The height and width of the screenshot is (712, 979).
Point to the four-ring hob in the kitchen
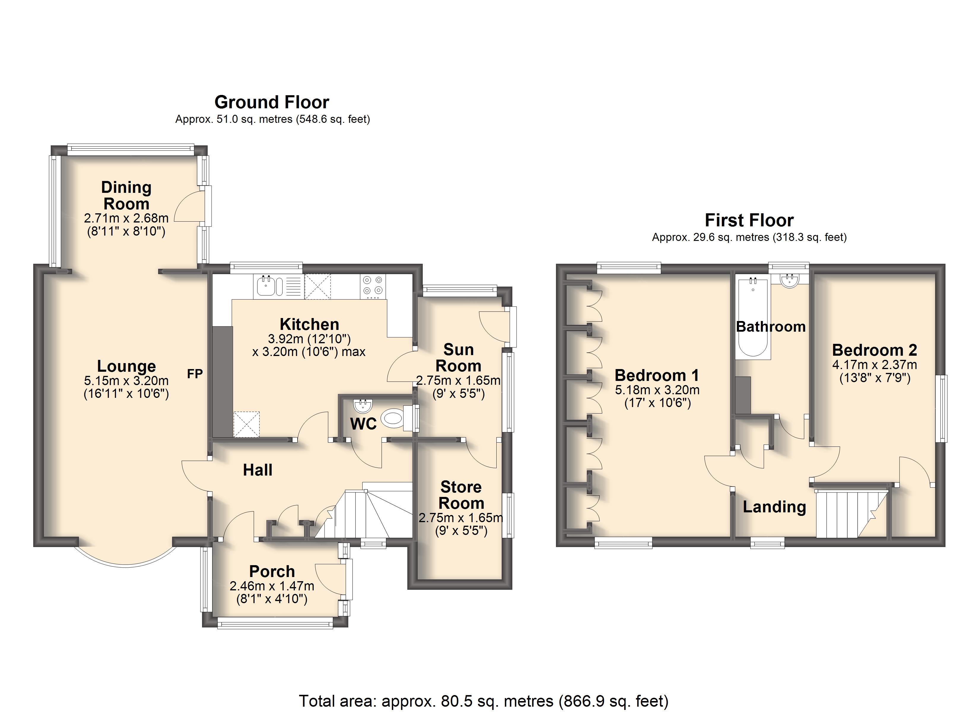373,286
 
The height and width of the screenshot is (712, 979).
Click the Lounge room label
126,366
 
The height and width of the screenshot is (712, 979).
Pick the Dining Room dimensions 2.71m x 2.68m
126,218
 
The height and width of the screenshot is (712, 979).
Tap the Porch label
272,571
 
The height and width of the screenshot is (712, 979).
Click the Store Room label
461,495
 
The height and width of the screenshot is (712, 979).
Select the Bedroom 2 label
875,350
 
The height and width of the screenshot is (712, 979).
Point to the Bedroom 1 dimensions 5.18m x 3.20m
657,390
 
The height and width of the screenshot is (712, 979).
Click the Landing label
774,507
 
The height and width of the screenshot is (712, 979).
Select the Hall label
258,470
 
